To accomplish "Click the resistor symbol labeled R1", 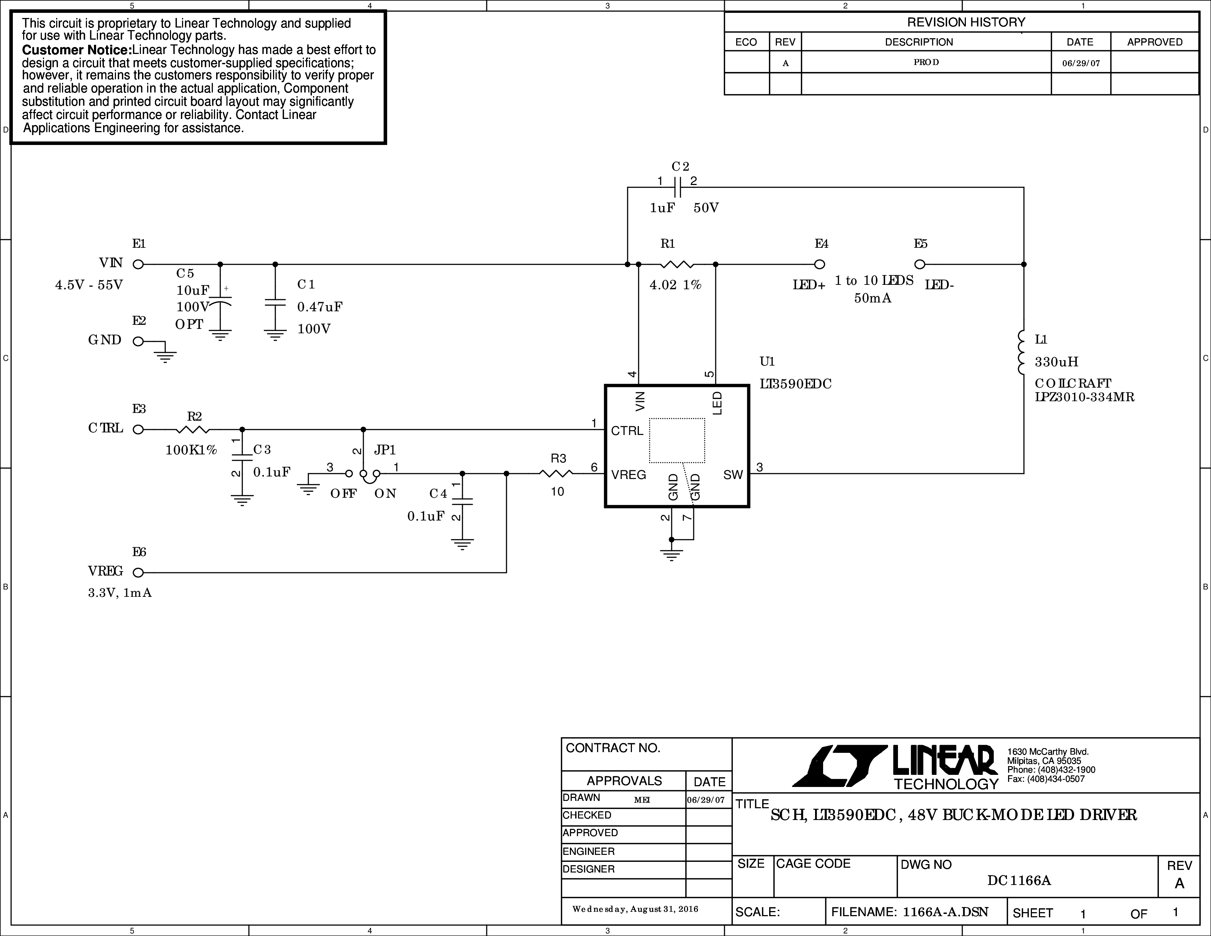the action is click(x=677, y=265).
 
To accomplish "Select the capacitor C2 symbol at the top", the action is click(x=677, y=188).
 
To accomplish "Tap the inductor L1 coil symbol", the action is click(x=1021, y=353).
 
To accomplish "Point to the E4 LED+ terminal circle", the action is click(x=819, y=265).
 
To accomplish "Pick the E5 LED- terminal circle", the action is click(x=919, y=265).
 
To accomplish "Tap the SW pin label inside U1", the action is click(x=733, y=475).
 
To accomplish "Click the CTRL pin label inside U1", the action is click(x=627, y=431).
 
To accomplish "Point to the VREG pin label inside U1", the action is click(x=629, y=475).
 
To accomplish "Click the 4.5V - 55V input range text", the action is click(x=89, y=285).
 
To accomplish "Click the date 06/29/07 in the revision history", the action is click(x=1081, y=63).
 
